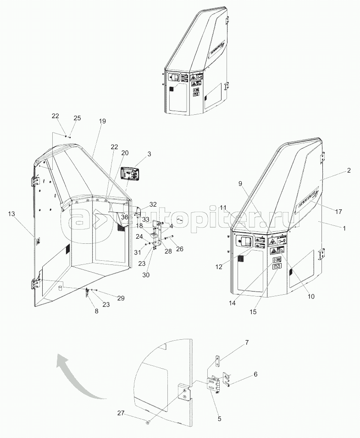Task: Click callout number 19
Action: point(102,121)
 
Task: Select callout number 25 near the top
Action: point(77,118)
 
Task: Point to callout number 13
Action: point(11,213)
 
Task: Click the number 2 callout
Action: point(349,170)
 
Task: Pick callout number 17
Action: point(339,212)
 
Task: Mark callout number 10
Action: point(310,297)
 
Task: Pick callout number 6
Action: point(255,374)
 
